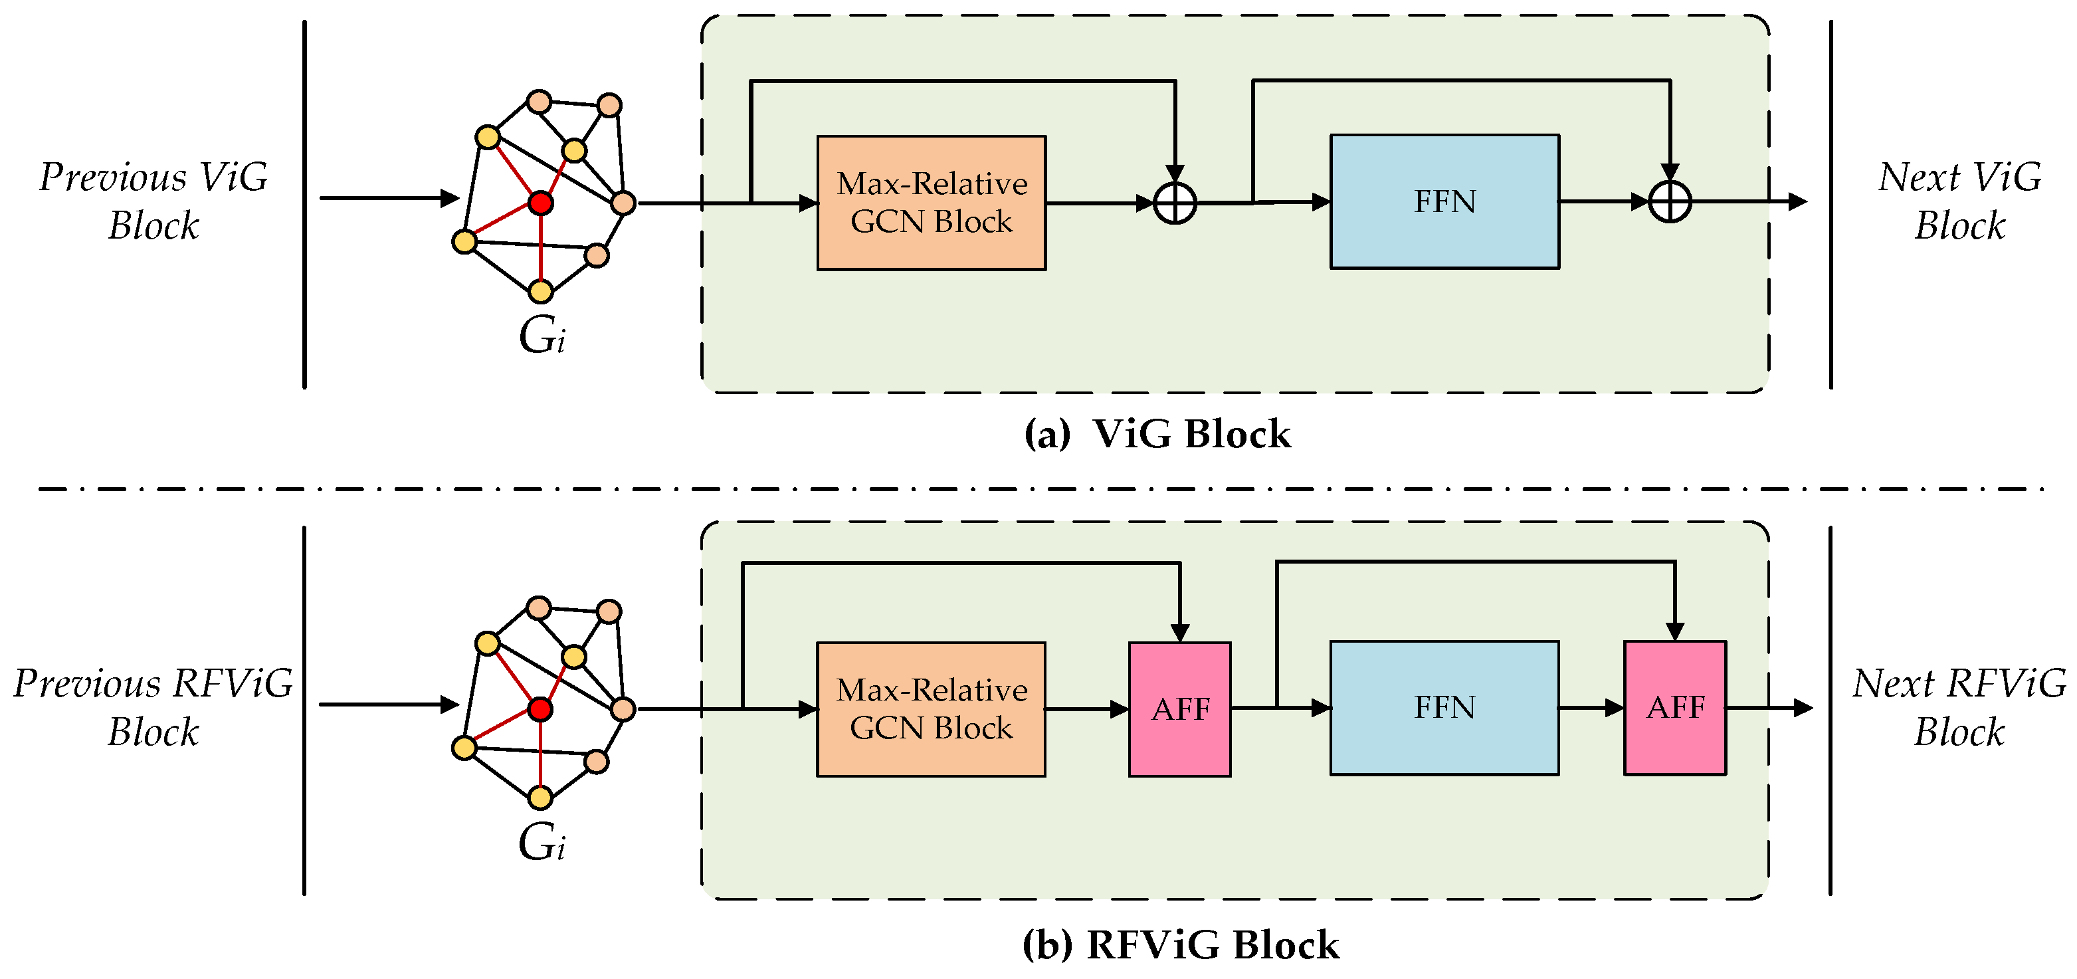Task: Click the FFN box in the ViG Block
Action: pyautogui.click(x=1444, y=201)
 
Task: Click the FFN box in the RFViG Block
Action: pyautogui.click(x=1444, y=708)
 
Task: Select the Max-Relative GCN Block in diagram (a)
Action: pyautogui.click(x=932, y=203)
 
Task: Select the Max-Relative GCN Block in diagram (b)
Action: pyautogui.click(x=932, y=709)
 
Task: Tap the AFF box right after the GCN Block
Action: pyautogui.click(x=1179, y=709)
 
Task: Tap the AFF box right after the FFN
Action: pyautogui.click(x=1674, y=708)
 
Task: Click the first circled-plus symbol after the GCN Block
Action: pyautogui.click(x=1175, y=203)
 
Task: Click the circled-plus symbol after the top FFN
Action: pyautogui.click(x=1670, y=201)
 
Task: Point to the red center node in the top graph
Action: pyautogui.click(x=540, y=203)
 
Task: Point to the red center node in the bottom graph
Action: pyautogui.click(x=540, y=709)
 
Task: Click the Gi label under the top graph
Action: pyautogui.click(x=542, y=336)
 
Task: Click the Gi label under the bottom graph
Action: pyautogui.click(x=541, y=842)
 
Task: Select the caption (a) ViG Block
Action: pyautogui.click(x=1157, y=434)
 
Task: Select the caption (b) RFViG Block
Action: pyautogui.click(x=1181, y=944)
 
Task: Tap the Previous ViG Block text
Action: pyautogui.click(x=153, y=201)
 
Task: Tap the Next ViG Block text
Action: pyautogui.click(x=1959, y=201)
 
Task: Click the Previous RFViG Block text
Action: pyautogui.click(x=153, y=707)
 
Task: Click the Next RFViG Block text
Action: pyautogui.click(x=1959, y=707)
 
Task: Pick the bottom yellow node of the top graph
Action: pyautogui.click(x=540, y=291)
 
